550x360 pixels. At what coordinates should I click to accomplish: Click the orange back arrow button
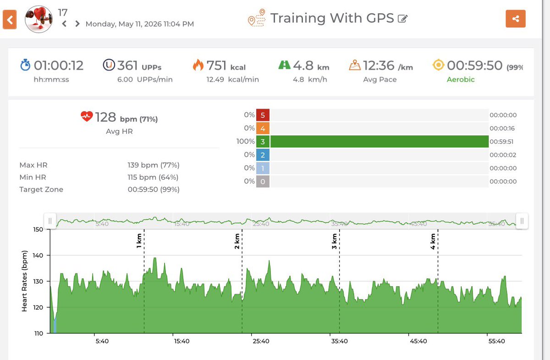coord(10,20)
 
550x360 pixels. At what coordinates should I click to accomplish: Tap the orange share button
coord(515,19)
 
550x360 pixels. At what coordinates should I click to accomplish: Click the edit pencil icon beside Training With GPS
coord(403,19)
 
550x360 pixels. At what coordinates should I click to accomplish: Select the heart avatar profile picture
coord(38,19)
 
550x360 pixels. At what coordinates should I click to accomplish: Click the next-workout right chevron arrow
coord(77,23)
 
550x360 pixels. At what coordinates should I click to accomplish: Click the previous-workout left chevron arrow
coord(64,23)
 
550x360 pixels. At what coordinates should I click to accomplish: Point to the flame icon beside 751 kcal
coord(198,65)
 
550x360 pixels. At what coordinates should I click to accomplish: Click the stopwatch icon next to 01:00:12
coord(25,65)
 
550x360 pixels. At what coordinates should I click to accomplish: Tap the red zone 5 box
coord(263,115)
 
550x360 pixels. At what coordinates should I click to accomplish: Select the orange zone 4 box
coord(263,128)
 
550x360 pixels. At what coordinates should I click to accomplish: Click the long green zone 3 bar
coord(379,142)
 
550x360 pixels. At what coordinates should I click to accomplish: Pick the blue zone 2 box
coord(263,155)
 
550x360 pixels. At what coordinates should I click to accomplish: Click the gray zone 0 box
coord(263,181)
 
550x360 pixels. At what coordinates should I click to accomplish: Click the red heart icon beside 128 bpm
coord(87,116)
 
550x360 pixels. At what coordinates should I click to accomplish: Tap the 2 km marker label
coord(237,241)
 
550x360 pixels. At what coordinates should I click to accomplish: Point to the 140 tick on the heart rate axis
coord(38,255)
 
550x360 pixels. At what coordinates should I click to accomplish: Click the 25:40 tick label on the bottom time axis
coord(261,341)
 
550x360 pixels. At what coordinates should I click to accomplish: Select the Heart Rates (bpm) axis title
coord(24,281)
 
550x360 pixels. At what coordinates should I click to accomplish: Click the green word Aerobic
coord(461,79)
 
